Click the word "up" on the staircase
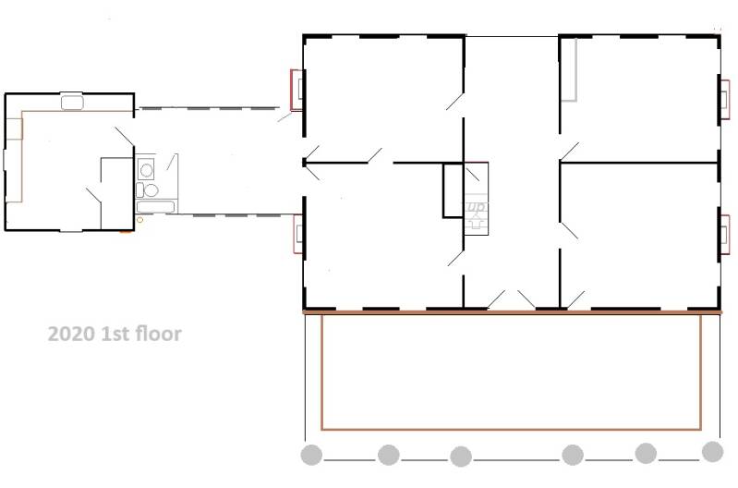(x=476, y=207)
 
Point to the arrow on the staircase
(x=476, y=221)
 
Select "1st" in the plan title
(x=115, y=334)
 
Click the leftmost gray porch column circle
(x=311, y=455)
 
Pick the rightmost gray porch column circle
(x=712, y=452)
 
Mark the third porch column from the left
(x=461, y=457)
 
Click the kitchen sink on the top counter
(x=72, y=103)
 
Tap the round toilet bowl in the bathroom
(x=151, y=190)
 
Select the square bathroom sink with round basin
(x=146, y=169)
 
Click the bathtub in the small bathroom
(x=156, y=206)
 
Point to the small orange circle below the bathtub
(x=139, y=220)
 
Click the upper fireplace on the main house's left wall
(x=296, y=90)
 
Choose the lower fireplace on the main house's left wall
(x=297, y=234)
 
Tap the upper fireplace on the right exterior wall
(x=725, y=100)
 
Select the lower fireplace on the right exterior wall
(x=725, y=235)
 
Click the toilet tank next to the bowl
(x=139, y=189)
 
